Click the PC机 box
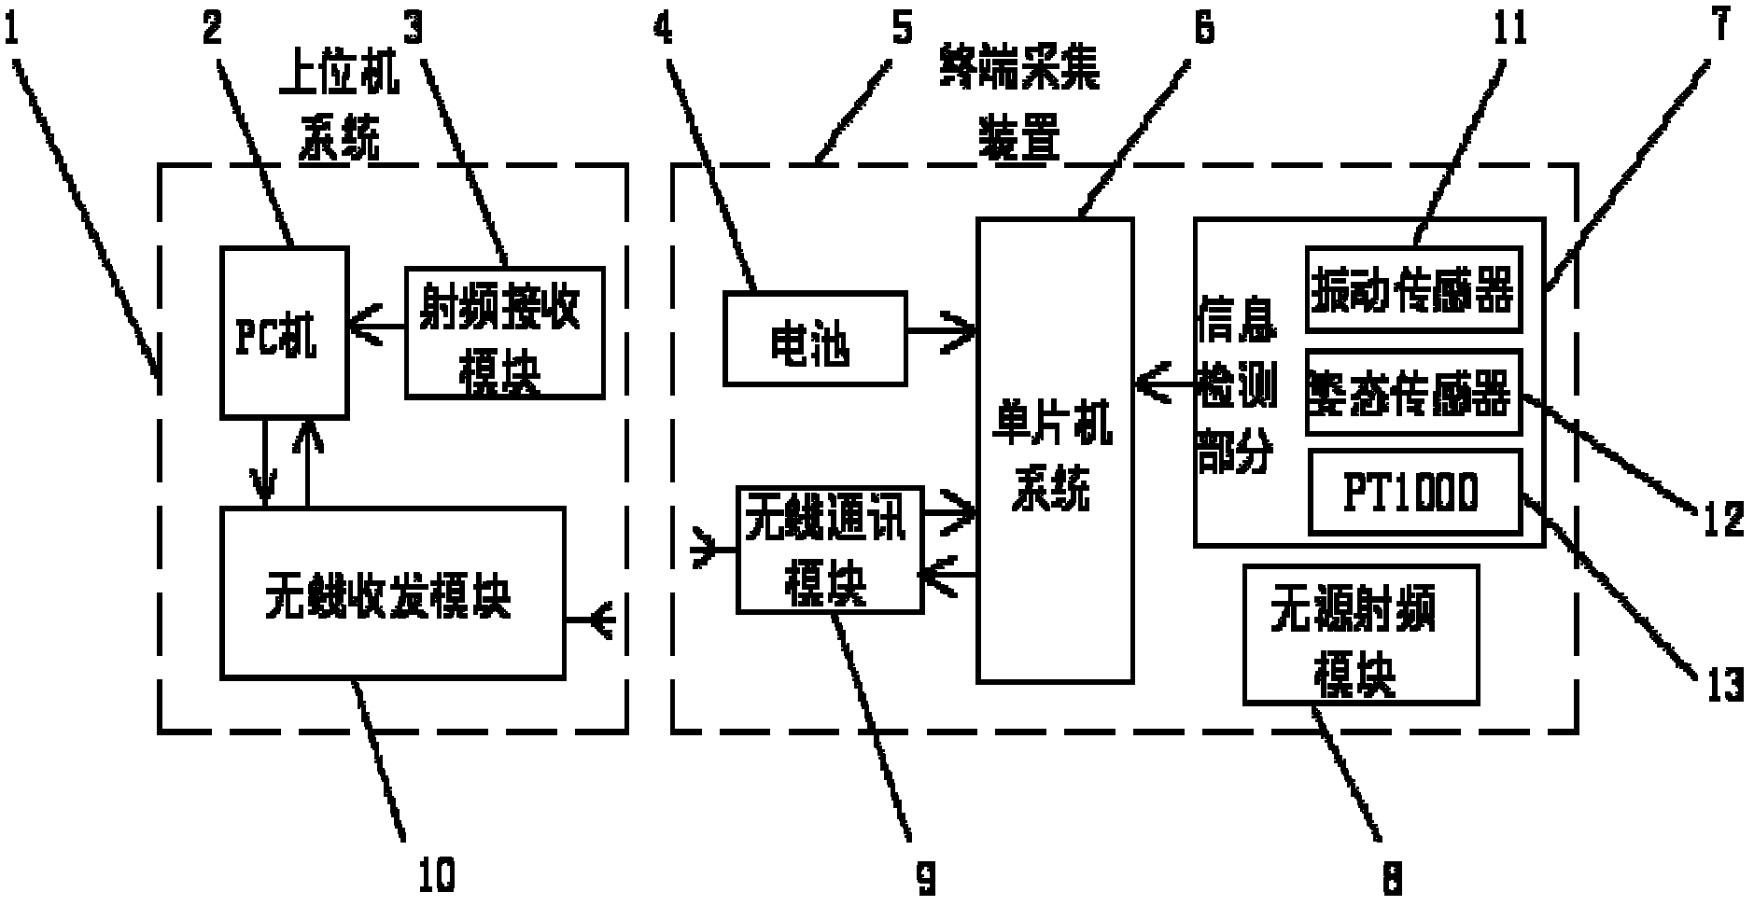click(284, 332)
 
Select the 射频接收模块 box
click(504, 332)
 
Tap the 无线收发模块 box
click(392, 592)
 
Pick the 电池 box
click(814, 339)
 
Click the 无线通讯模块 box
click(829, 550)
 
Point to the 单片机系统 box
click(1054, 450)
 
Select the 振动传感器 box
click(1412, 289)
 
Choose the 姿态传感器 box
click(1412, 392)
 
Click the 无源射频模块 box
click(1360, 634)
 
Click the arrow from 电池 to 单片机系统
click(941, 329)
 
